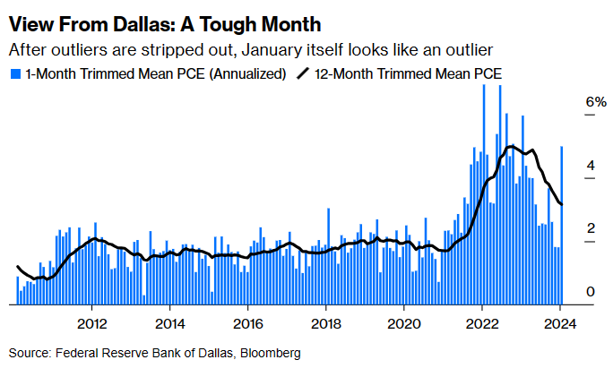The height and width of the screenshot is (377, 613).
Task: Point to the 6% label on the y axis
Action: click(571, 103)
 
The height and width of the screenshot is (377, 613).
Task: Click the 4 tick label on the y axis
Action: click(566, 167)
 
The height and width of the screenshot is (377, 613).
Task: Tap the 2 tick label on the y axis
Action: click(566, 229)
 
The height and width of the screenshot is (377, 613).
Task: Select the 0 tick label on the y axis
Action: click(566, 292)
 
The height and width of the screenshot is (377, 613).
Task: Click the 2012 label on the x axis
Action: click(92, 323)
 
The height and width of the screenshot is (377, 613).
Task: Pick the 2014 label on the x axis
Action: click(170, 323)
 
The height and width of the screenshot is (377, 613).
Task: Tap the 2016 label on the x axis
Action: click(248, 323)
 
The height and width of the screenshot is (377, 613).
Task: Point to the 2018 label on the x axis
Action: click(326, 323)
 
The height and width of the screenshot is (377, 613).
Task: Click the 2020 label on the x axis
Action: click(404, 323)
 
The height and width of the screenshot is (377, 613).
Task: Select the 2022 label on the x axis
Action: click(482, 323)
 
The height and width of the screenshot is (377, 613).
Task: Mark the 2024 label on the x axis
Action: click(560, 323)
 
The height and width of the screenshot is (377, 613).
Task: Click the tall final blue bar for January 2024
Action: click(562, 224)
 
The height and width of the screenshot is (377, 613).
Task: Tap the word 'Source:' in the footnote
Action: click(30, 353)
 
